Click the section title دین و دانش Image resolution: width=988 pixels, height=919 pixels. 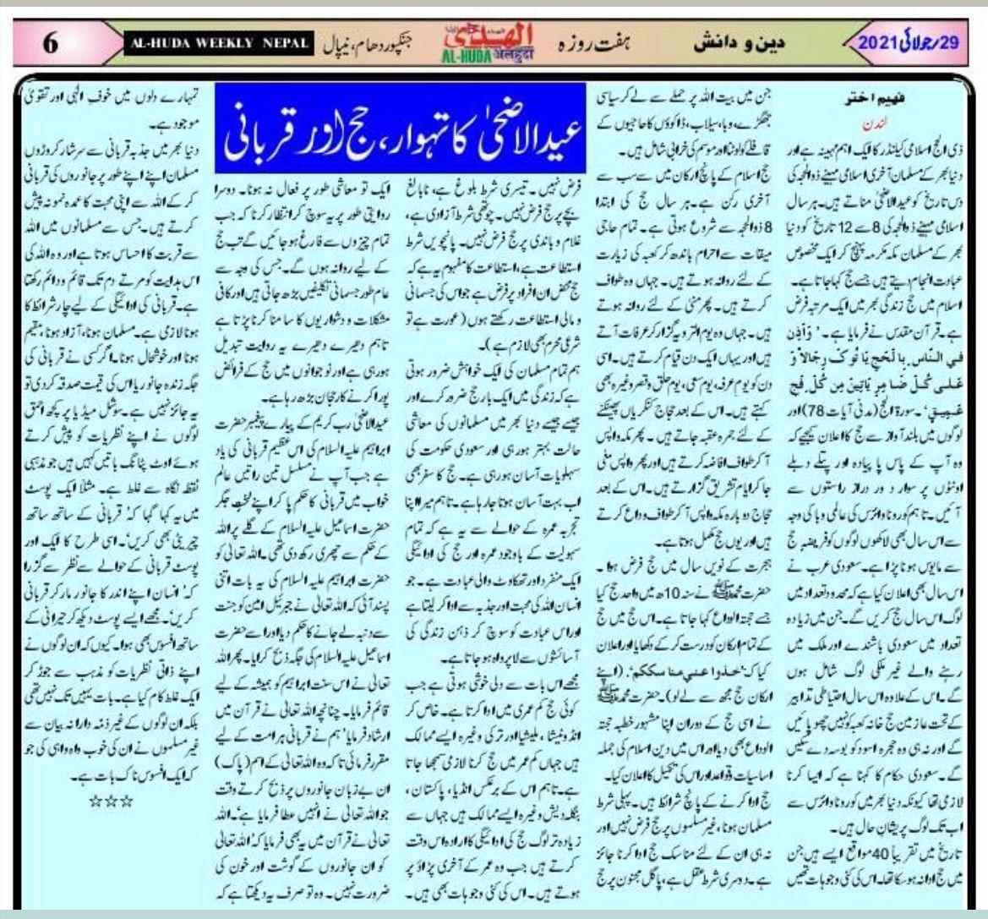tap(737, 42)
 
